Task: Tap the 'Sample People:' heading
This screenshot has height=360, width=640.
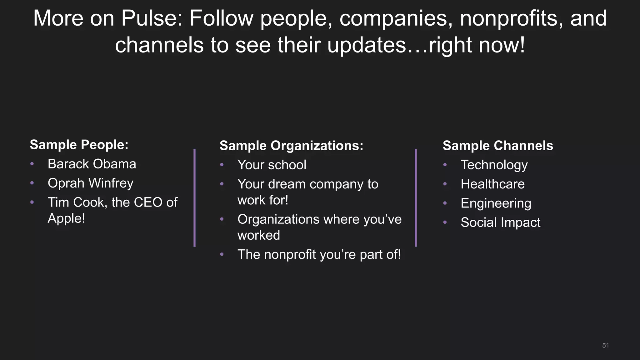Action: (79, 145)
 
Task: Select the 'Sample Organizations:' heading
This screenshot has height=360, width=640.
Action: (291, 146)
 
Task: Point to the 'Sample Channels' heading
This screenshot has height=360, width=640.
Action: (497, 146)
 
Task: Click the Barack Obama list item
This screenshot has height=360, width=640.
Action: (92, 164)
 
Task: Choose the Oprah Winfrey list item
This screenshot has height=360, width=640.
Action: (90, 183)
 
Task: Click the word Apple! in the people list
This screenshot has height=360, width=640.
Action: (66, 218)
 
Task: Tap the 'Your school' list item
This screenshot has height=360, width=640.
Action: (272, 165)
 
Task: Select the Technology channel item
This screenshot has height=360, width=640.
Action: (494, 165)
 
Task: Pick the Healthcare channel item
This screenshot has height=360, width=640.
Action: (492, 184)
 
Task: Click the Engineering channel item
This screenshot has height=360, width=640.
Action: (496, 203)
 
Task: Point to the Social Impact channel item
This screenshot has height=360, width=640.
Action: (500, 222)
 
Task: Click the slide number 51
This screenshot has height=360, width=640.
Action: (605, 345)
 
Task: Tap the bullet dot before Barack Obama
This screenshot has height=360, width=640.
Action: (32, 164)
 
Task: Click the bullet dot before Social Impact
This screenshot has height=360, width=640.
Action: (445, 222)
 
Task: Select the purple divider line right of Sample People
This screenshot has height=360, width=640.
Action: (194, 197)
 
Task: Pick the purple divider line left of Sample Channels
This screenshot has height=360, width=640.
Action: (416, 197)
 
